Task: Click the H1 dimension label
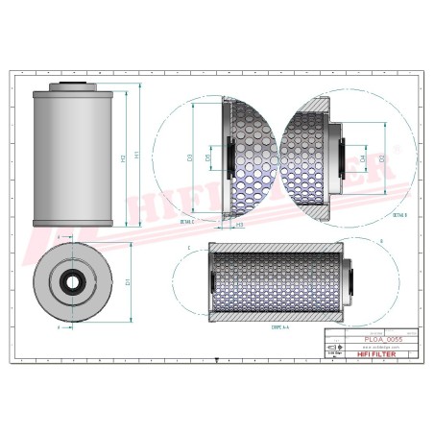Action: [137, 154]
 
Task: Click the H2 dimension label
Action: [123, 157]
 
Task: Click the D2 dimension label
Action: [382, 156]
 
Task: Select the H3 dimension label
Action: [238, 224]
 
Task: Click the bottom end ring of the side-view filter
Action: [73, 223]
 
